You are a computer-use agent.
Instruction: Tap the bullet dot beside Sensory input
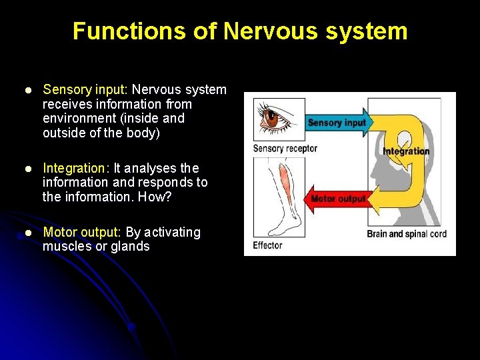click(x=27, y=90)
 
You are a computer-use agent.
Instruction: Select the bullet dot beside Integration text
click(x=27, y=169)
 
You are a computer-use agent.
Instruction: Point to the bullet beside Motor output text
click(x=27, y=233)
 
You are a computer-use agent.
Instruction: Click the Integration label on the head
click(x=406, y=151)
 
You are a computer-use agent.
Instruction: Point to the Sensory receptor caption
click(x=285, y=148)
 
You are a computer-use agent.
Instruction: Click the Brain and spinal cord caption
click(x=407, y=234)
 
